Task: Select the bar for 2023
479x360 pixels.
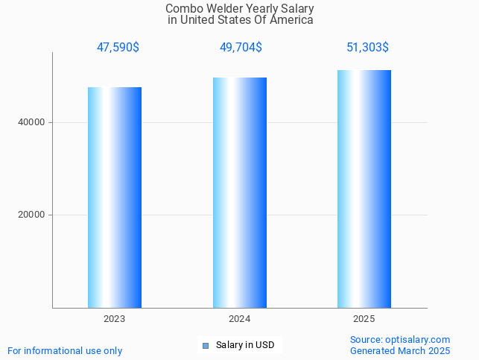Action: (115, 198)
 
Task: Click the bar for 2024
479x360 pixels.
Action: (239, 192)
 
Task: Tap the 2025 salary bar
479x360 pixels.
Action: (364, 189)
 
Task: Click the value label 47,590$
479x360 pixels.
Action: (118, 48)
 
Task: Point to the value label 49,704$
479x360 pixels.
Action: (241, 48)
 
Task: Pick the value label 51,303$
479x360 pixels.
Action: (367, 48)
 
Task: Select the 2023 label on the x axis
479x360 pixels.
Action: (115, 319)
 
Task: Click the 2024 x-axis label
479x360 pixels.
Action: (239, 319)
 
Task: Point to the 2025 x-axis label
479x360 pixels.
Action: (364, 319)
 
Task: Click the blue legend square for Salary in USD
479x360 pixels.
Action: (206, 345)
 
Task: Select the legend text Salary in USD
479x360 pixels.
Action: (245, 345)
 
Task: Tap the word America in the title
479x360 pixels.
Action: (293, 20)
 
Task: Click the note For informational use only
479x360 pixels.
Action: (65, 350)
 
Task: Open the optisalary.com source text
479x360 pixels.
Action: (400, 339)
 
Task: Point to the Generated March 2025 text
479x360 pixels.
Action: (400, 350)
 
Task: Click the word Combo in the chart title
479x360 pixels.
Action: (181, 9)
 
